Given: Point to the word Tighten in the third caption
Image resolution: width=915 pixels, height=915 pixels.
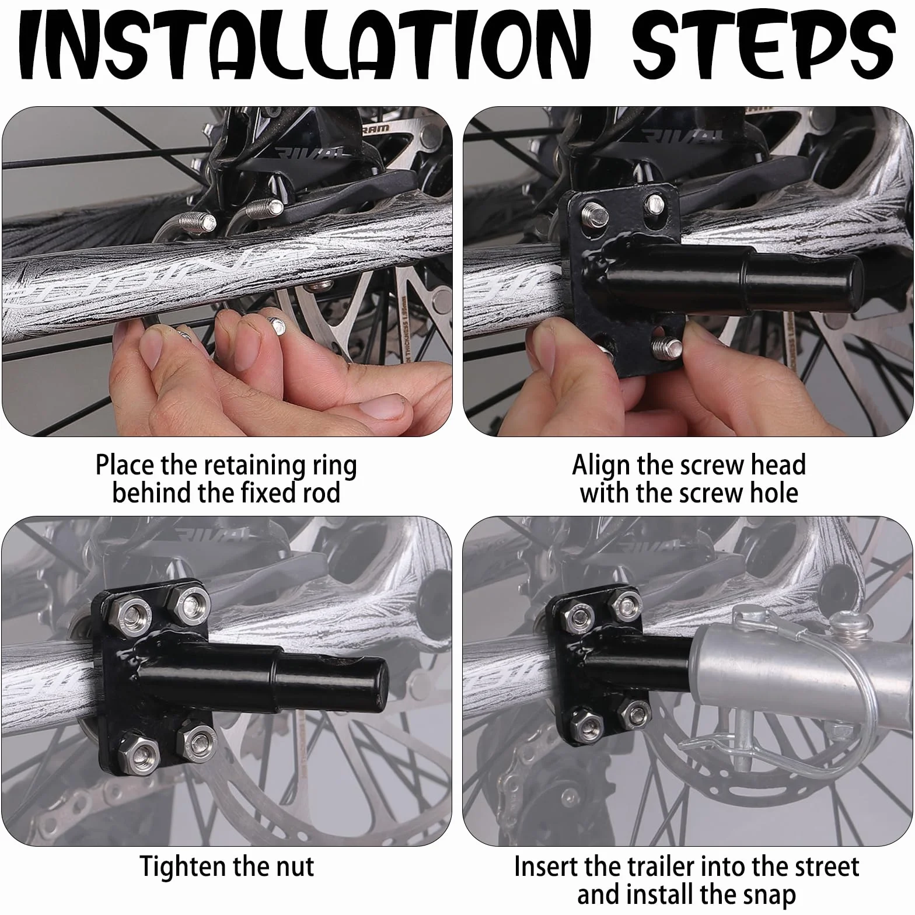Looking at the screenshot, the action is tap(179, 867).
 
